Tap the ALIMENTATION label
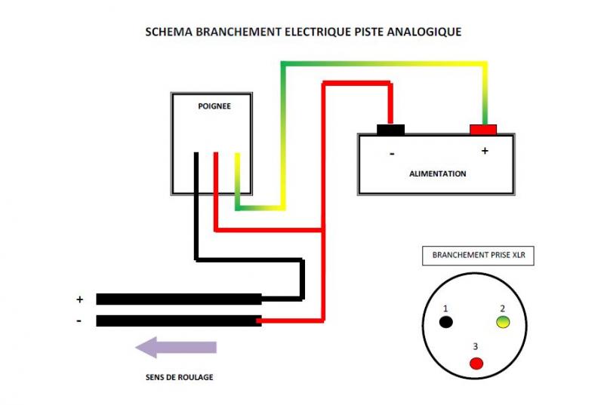(438, 173)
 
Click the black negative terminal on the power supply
(390, 130)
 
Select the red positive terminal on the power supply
(483, 130)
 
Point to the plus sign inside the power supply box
(485, 151)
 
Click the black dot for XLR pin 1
(446, 322)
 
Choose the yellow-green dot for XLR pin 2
(503, 323)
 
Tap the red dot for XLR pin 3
(476, 363)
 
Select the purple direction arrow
(176, 347)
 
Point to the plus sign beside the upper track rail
(79, 299)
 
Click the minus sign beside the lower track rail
(79, 321)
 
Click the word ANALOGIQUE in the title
(423, 32)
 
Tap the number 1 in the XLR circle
(446, 308)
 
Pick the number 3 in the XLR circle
(475, 347)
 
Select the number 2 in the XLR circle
(501, 308)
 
